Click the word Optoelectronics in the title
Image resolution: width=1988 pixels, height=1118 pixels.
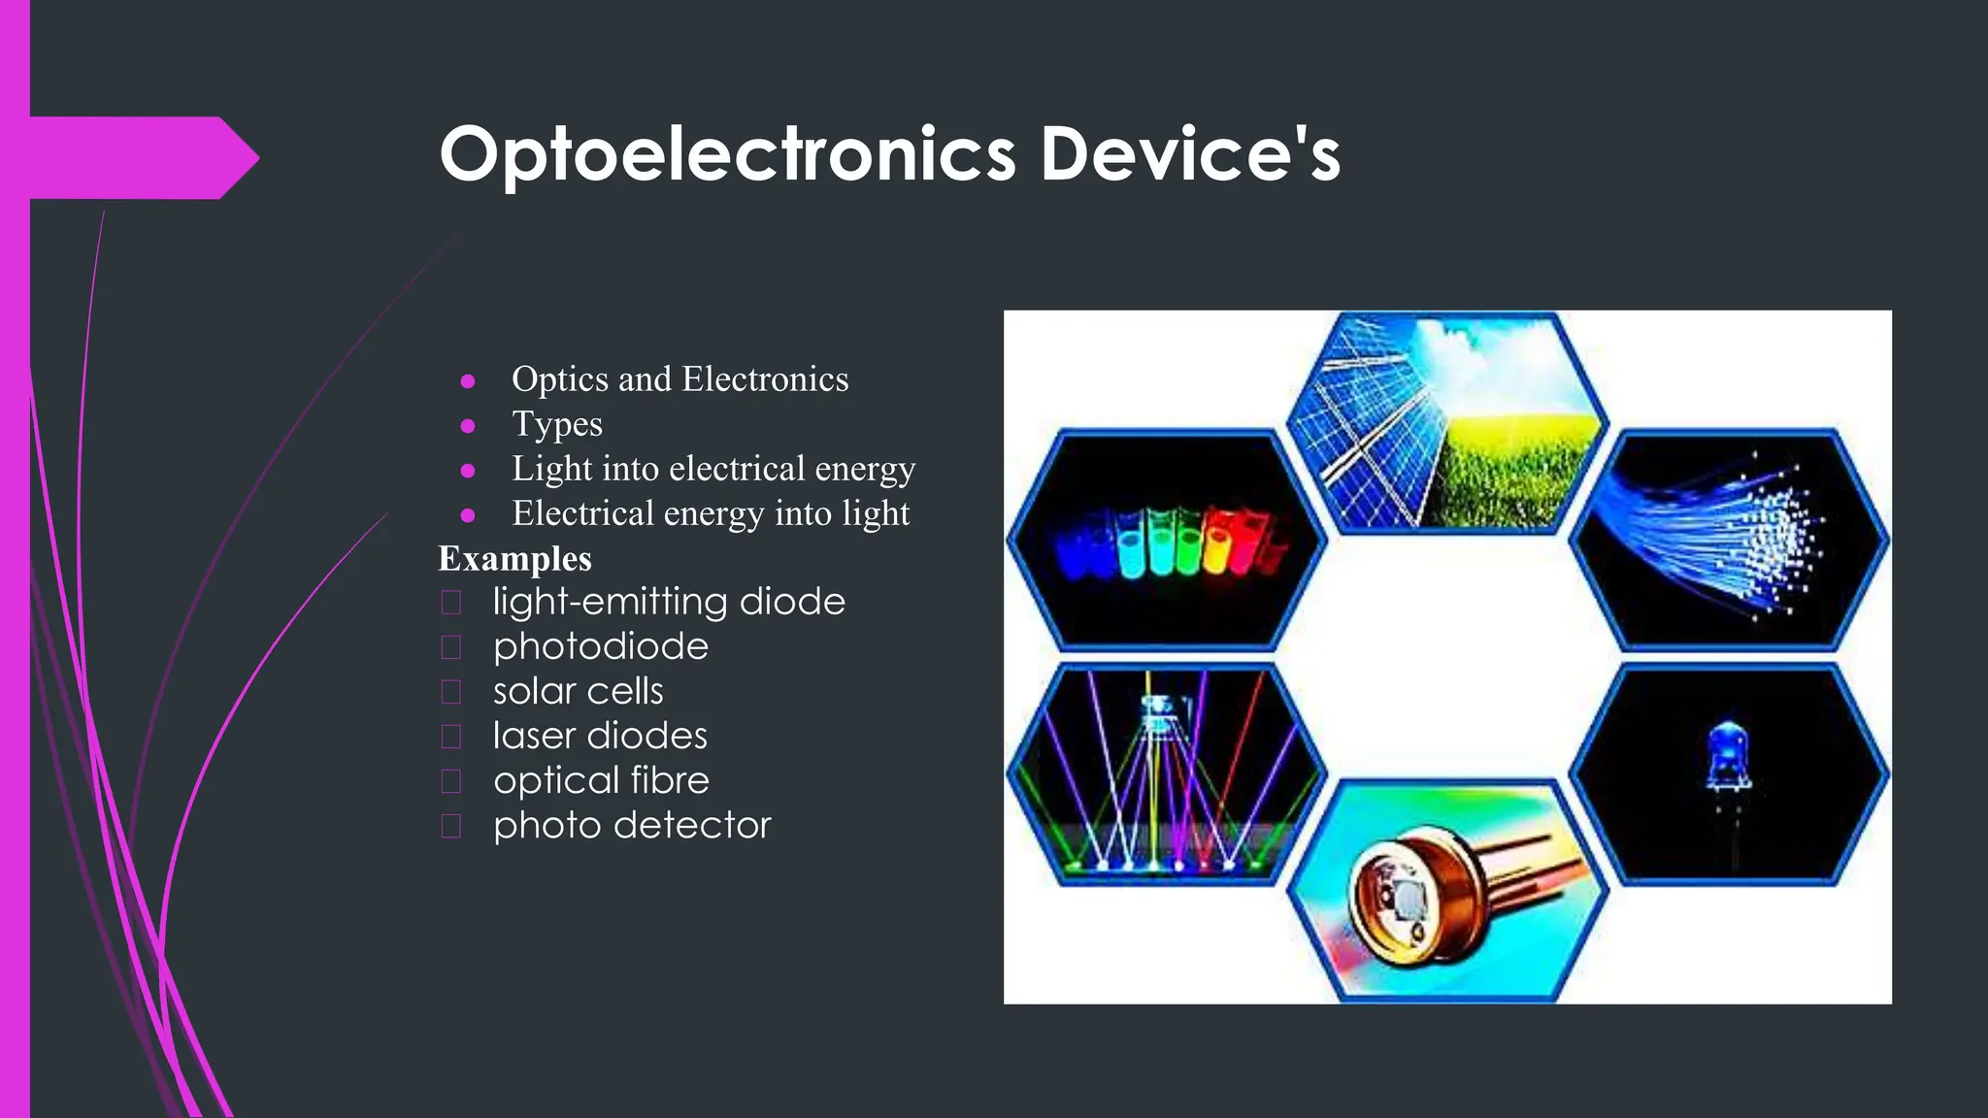[x=728, y=155]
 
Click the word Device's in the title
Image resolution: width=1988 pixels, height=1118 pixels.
[x=1190, y=155]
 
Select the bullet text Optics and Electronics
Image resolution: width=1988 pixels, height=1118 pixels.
[x=679, y=379]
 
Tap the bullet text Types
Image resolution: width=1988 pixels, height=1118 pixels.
[x=557, y=424]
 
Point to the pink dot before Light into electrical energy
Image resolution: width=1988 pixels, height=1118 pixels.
[x=468, y=471]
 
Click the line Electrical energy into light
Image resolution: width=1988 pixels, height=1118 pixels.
[x=711, y=513]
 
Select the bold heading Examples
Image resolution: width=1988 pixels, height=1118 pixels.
[x=514, y=559]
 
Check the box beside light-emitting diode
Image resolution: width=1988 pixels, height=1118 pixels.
[x=451, y=603]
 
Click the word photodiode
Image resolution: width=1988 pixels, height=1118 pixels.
[x=601, y=647]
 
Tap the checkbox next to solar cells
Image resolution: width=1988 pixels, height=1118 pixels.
[x=451, y=692]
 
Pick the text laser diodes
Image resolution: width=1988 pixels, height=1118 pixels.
[x=600, y=736]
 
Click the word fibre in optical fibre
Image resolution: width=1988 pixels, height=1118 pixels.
[x=670, y=780]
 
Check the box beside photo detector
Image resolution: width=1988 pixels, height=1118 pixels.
[x=451, y=826]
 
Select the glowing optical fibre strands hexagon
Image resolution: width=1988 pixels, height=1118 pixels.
[x=1729, y=540]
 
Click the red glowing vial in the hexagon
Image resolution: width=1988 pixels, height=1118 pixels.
[x=1216, y=543]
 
